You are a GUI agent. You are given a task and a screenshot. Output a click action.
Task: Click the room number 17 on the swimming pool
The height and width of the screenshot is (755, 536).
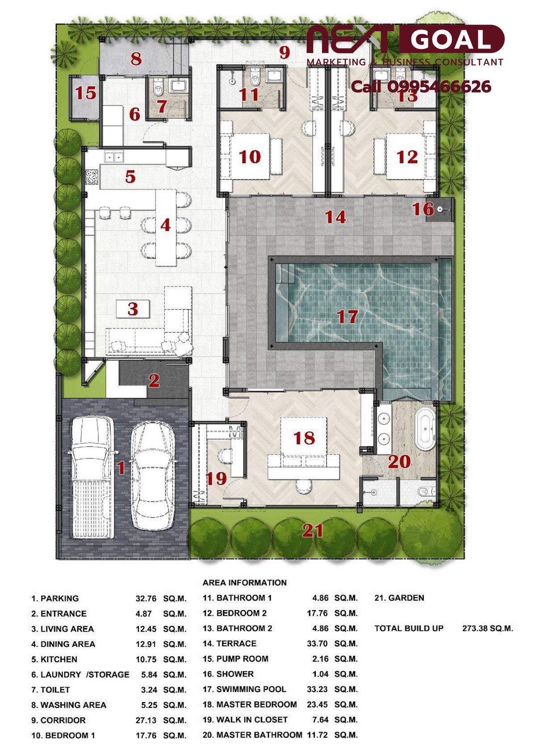click(x=347, y=317)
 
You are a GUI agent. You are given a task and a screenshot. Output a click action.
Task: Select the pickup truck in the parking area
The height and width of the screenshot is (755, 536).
click(x=92, y=477)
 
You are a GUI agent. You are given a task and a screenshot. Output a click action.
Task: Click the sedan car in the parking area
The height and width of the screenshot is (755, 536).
click(x=153, y=476)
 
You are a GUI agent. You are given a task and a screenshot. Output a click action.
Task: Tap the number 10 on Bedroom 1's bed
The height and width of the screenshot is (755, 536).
click(x=250, y=157)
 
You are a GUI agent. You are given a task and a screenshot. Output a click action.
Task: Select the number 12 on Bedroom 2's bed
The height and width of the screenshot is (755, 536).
click(x=407, y=157)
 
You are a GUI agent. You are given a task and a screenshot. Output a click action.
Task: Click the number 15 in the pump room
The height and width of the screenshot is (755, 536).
click(x=86, y=93)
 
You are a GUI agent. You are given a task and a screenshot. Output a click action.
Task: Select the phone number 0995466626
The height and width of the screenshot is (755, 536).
click(x=439, y=87)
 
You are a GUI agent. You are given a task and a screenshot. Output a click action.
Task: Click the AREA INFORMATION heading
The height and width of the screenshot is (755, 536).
click(x=245, y=582)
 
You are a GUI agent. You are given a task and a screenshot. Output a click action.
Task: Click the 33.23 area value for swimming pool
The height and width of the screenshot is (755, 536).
click(x=317, y=689)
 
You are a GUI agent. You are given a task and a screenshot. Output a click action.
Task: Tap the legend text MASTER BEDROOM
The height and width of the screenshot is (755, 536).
click(x=257, y=704)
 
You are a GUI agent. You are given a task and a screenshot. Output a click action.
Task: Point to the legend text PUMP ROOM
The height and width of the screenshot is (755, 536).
click(x=242, y=659)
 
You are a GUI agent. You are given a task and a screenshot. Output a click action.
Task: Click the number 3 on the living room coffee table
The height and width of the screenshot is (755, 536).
click(x=133, y=309)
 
